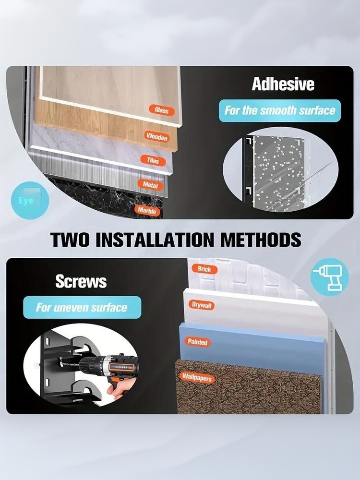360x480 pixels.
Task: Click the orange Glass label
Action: (x=162, y=110)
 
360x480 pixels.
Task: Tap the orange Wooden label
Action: (x=157, y=136)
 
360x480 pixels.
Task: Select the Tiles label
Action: (x=153, y=160)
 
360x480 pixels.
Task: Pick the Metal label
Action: (x=151, y=185)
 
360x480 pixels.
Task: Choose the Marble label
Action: (x=147, y=210)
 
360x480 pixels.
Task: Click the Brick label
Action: (x=204, y=269)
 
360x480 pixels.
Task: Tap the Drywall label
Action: (x=202, y=305)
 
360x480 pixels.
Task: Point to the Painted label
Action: (x=197, y=342)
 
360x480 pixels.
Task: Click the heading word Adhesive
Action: (x=283, y=84)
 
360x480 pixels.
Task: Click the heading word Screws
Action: (x=81, y=281)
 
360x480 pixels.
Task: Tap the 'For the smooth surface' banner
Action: (x=280, y=110)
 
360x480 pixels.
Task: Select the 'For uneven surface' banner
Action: (x=82, y=307)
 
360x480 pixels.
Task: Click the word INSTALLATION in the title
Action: (x=155, y=240)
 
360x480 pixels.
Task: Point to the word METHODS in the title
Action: (x=261, y=240)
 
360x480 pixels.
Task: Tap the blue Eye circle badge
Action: (x=30, y=200)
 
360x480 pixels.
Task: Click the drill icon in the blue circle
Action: (x=330, y=277)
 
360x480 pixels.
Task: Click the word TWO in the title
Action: (x=70, y=240)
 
